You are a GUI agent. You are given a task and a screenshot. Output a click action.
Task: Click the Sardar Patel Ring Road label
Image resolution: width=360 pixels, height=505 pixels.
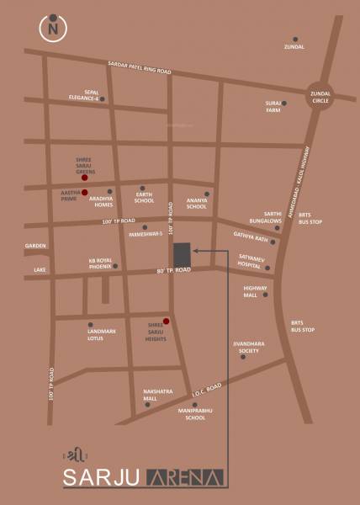(x=139, y=68)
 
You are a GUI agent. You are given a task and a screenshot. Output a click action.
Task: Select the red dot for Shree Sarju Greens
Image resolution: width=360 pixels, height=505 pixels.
(x=85, y=178)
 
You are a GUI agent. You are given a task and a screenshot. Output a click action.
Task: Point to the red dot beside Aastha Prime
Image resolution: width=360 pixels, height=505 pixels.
(x=84, y=193)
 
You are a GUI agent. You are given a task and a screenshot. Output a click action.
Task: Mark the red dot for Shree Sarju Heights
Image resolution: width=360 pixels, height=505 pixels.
(x=167, y=321)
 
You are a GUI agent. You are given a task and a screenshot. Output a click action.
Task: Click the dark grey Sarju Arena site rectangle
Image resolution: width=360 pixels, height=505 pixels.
(x=182, y=254)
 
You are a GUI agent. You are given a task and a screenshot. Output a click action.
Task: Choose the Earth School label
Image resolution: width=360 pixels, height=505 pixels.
(x=145, y=199)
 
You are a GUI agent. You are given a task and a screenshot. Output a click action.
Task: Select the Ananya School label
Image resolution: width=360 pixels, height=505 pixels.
(x=196, y=203)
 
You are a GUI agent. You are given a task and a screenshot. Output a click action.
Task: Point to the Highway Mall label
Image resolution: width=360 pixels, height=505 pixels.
(x=256, y=292)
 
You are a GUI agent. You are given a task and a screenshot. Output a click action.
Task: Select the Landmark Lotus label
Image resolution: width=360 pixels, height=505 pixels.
(x=101, y=334)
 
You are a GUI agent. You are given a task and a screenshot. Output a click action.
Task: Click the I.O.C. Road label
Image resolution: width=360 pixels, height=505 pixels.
(x=206, y=389)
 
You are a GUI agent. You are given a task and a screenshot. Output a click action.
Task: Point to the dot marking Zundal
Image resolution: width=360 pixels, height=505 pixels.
(x=294, y=39)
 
